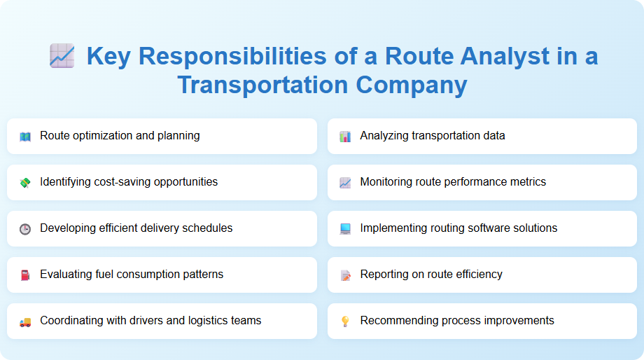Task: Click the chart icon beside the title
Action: pos(62,56)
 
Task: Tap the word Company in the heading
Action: pos(411,85)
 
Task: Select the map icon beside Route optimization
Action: pos(25,137)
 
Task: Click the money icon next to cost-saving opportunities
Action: pos(25,183)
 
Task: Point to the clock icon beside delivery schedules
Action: pos(25,229)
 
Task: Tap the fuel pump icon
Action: pos(25,275)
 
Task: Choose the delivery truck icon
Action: pos(25,321)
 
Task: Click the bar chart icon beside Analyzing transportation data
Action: pos(345,137)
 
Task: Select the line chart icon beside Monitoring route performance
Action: pos(345,183)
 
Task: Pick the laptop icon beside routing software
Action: pos(345,229)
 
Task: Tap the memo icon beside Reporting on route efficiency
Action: pos(345,275)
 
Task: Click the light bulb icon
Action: pos(345,321)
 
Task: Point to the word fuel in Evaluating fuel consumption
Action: pos(104,274)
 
